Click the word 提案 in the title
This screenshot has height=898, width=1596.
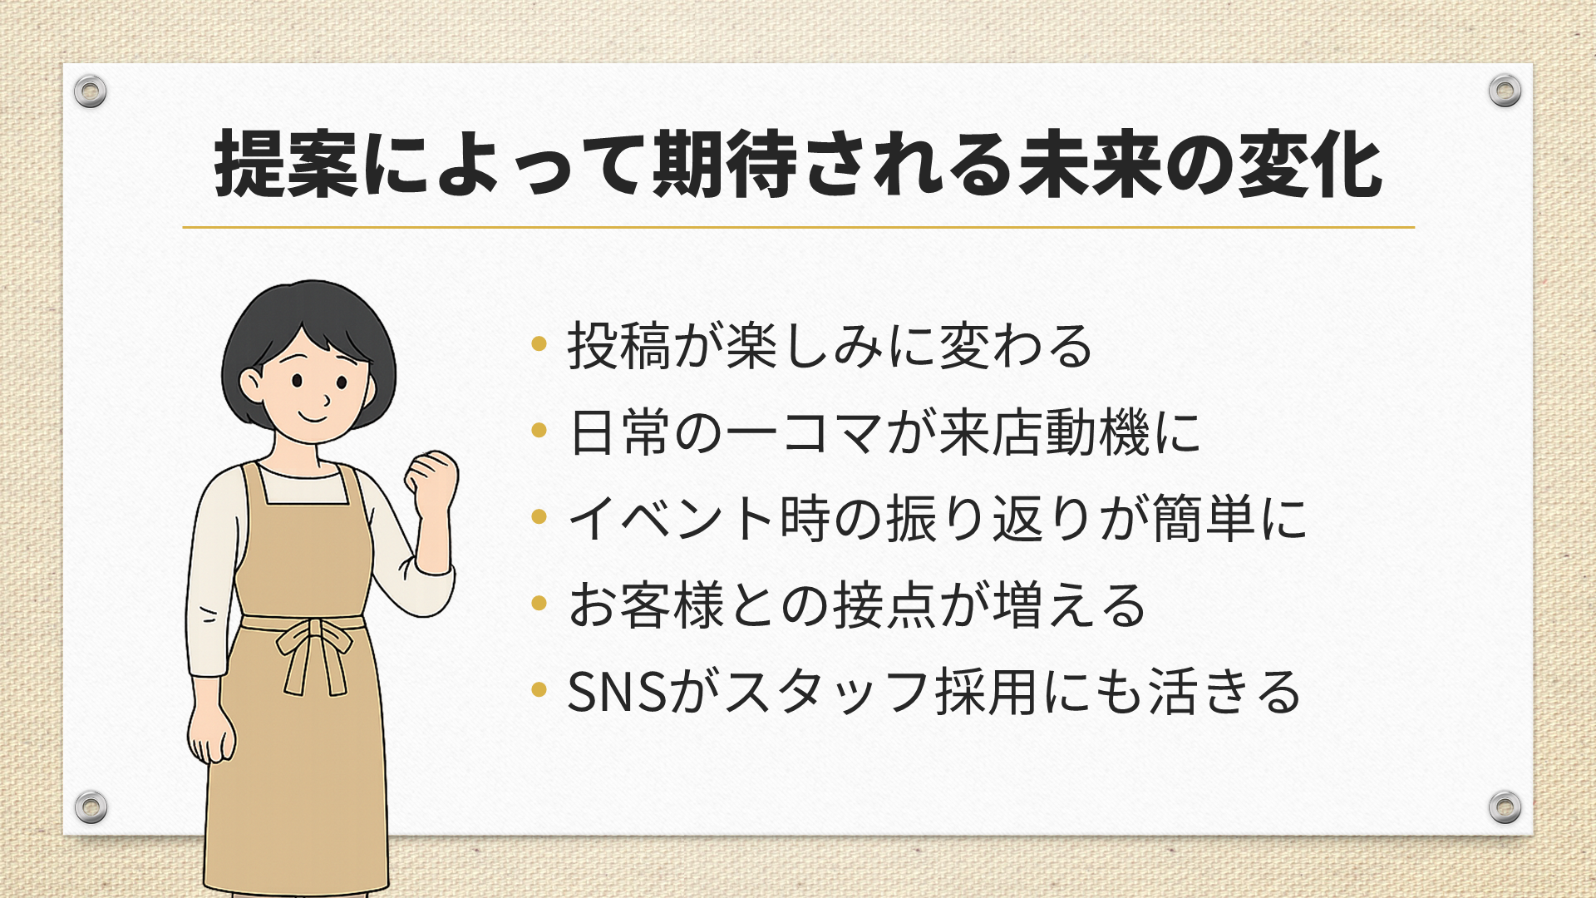click(286, 165)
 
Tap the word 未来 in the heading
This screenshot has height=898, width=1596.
click(1092, 165)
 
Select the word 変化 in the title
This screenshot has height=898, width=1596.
click(1311, 165)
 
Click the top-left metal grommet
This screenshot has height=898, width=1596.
click(91, 91)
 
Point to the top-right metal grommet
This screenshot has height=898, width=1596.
click(1505, 91)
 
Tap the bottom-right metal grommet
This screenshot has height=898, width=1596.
click(1505, 807)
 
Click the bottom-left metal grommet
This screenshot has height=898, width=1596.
click(91, 807)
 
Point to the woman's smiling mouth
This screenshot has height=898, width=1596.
click(314, 417)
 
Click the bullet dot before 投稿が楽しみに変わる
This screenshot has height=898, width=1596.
click(539, 343)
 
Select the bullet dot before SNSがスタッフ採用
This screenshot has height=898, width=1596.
click(539, 689)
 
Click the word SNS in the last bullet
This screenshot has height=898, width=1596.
click(618, 692)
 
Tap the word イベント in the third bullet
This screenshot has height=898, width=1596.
click(673, 519)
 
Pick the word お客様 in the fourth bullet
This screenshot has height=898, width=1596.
click(647, 605)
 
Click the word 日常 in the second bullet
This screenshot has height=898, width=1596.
click(619, 432)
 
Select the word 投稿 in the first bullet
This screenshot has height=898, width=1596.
click(619, 346)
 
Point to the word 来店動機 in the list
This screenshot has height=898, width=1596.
click(1045, 432)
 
